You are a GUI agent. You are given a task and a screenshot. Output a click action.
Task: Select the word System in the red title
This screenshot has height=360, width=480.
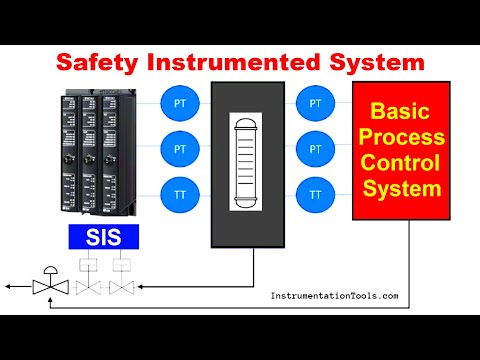(x=376, y=62)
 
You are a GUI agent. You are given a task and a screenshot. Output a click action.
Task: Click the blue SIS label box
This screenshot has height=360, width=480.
(x=103, y=237)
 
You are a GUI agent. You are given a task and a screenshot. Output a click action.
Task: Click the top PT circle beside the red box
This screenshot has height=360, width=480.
(x=316, y=102)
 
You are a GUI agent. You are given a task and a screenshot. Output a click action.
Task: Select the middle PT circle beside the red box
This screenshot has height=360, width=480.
(x=316, y=148)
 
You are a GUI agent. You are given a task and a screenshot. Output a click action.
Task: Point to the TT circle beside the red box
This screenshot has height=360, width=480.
(x=316, y=193)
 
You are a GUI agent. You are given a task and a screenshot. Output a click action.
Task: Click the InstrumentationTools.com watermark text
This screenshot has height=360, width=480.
(x=335, y=296)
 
